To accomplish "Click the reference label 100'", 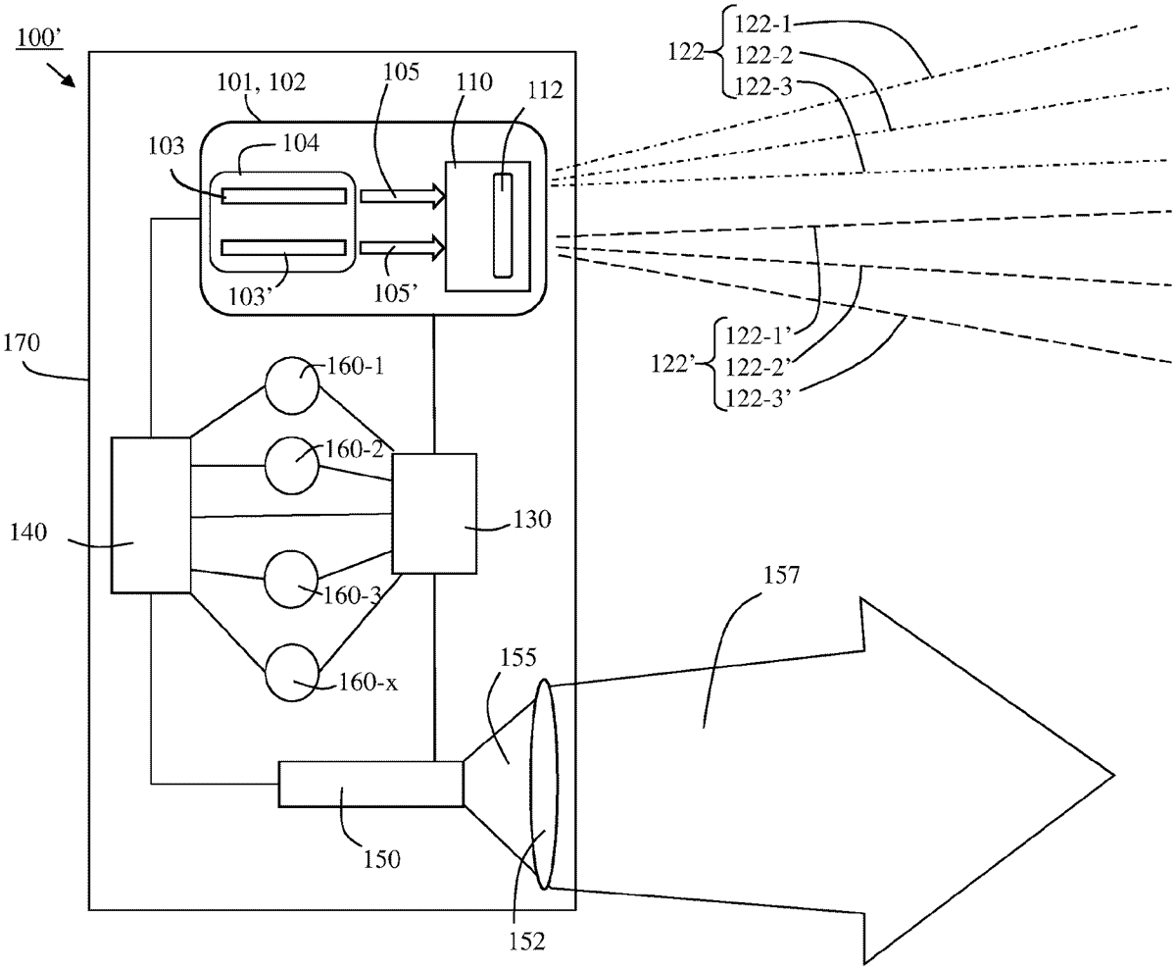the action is pyautogui.click(x=38, y=38).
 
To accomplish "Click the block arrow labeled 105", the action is pyautogui.click(x=403, y=196).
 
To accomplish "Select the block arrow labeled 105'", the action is pyautogui.click(x=403, y=248).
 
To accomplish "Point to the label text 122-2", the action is pyautogui.click(x=763, y=55).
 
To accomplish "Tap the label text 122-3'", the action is pyautogui.click(x=759, y=398).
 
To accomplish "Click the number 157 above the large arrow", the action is pyautogui.click(x=781, y=576).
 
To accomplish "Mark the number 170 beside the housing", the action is pyautogui.click(x=22, y=342).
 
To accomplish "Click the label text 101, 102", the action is pyautogui.click(x=262, y=82).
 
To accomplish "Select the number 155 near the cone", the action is pyautogui.click(x=518, y=657).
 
